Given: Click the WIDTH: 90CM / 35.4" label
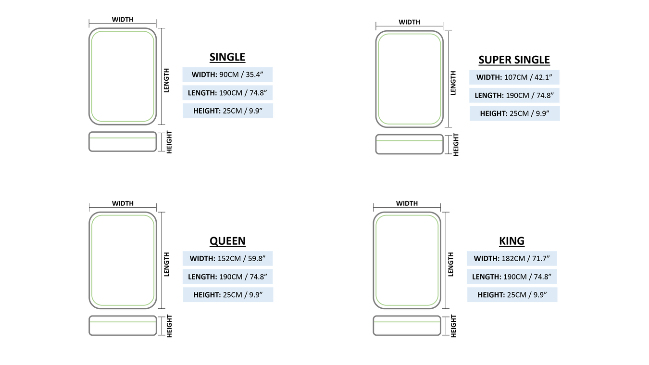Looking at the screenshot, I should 227,75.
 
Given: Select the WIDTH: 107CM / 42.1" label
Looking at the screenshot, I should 514,77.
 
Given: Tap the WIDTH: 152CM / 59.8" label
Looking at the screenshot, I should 227,259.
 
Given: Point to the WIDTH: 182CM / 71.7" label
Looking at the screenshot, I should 512,259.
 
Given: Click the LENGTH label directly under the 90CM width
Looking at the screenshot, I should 227,92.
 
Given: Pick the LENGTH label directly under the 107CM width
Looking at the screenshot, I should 514,95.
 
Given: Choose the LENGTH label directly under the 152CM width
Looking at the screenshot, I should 227,277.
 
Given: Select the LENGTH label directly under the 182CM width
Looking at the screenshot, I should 512,277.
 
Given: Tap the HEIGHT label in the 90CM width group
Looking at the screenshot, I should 227,111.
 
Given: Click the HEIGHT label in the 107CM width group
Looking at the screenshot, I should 514,113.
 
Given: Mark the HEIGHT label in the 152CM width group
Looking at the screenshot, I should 227,295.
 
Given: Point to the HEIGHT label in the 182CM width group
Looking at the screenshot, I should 512,295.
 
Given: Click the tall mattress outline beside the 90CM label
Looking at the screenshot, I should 123,76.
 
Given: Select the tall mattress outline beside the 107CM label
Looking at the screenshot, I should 410,79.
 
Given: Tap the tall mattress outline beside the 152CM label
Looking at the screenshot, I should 123,260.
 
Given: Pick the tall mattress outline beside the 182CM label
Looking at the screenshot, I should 407,260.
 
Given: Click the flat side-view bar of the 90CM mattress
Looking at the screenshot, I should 123,142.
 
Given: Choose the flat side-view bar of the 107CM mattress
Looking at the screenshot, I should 410,144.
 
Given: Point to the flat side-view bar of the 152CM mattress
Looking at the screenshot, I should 123,326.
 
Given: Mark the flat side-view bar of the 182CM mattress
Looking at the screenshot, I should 407,326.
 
